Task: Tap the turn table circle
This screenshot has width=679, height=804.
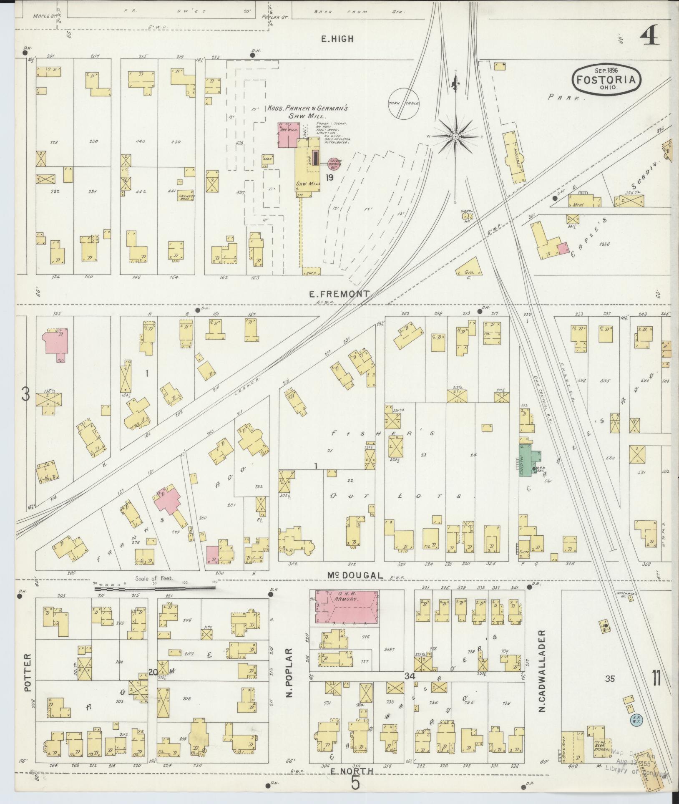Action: click(403, 103)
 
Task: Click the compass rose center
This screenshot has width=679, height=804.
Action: click(455, 136)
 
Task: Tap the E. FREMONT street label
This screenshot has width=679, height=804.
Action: click(339, 294)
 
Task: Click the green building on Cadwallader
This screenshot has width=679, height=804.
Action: click(527, 459)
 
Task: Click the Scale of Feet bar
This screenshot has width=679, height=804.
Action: click(154, 588)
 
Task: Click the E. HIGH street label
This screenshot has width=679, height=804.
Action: click(337, 39)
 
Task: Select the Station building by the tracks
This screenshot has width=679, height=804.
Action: click(514, 158)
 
